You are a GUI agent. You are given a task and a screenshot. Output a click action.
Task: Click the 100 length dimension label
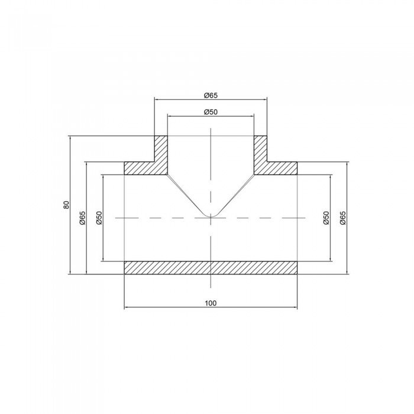(211, 303)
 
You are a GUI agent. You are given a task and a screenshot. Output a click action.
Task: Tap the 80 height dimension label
(66, 205)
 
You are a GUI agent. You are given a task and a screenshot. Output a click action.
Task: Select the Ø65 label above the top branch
(211, 95)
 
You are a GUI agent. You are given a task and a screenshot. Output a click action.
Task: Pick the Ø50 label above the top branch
(211, 112)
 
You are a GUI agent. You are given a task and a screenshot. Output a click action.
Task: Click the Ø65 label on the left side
(83, 218)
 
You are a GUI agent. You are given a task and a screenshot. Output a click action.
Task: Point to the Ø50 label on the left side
(99, 218)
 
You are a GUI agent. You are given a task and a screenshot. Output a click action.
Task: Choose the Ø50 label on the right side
(326, 218)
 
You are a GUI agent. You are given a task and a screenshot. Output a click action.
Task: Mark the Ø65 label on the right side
(342, 218)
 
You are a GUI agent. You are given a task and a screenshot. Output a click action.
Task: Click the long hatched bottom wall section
(211, 268)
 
